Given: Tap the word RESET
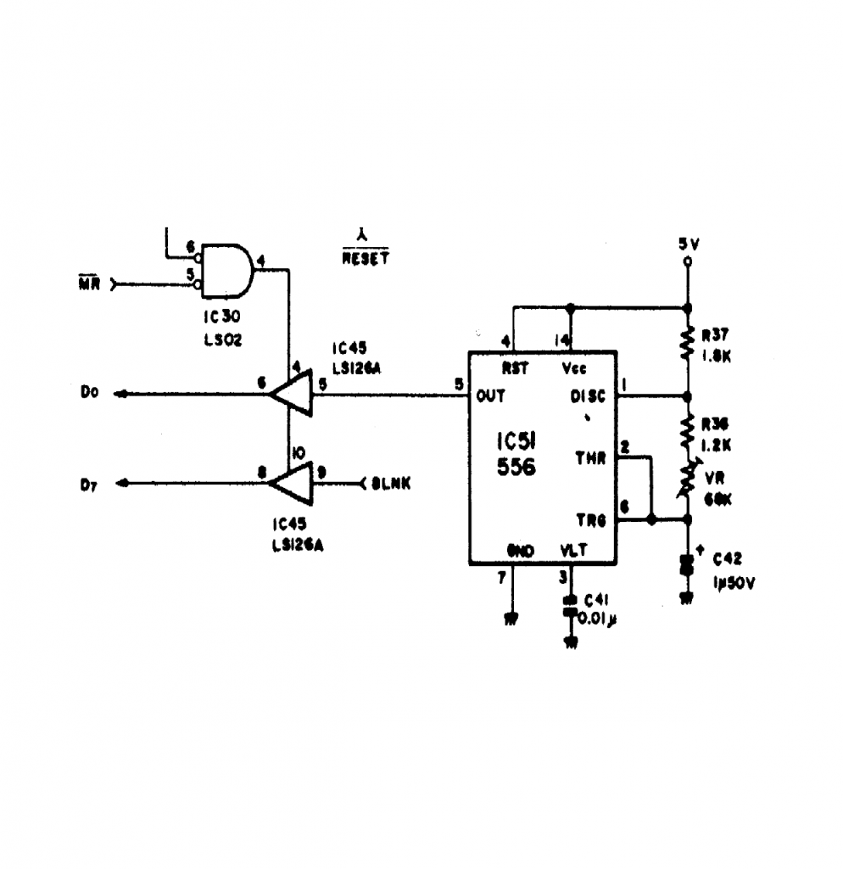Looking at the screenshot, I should pyautogui.click(x=366, y=259).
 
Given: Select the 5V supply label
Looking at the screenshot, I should pyautogui.click(x=688, y=244).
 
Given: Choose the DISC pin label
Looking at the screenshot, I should pyautogui.click(x=589, y=396).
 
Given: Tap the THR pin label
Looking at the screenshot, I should pyautogui.click(x=591, y=459).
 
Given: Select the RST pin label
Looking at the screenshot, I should pyautogui.click(x=516, y=368).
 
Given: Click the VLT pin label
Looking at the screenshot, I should pyautogui.click(x=574, y=550).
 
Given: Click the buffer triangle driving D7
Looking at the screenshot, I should pyautogui.click(x=290, y=483).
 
